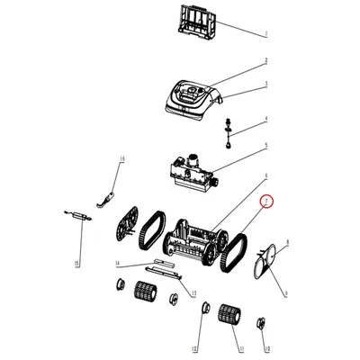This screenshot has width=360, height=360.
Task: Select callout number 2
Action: pos(266,61)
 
